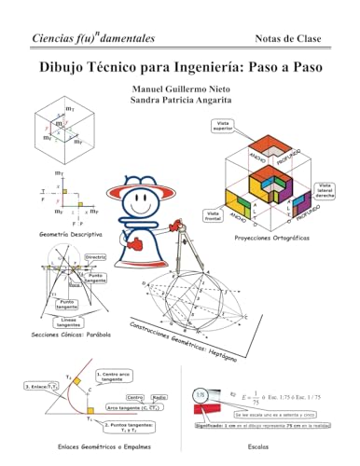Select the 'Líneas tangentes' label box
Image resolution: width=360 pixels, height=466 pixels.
coord(76,321)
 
